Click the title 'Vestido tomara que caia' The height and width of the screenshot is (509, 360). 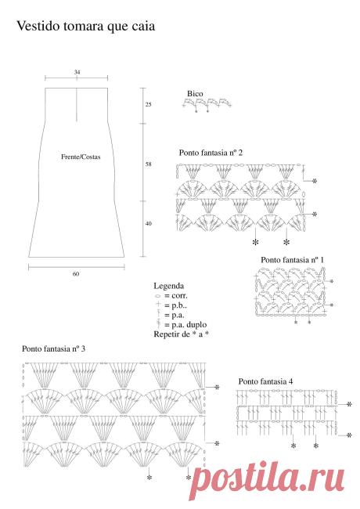point(85,27)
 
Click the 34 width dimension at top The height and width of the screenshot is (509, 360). point(77,72)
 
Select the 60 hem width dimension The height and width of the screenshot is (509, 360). point(76,274)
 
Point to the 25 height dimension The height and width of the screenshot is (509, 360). point(148,104)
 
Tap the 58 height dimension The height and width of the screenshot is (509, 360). point(148,164)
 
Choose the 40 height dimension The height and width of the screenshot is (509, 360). point(148,224)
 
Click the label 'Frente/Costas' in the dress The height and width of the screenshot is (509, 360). point(81,157)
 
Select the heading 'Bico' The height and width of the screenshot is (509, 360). point(195,94)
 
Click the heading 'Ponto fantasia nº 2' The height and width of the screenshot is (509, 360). point(211,153)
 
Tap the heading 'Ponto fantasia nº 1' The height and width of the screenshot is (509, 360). point(292,260)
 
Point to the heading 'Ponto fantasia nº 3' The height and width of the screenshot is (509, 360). point(53,349)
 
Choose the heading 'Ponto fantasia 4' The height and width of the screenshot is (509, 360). point(265,381)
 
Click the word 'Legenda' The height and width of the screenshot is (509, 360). point(168,286)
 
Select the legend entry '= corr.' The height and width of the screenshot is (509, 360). point(176,296)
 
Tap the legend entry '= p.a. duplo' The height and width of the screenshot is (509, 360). point(185,325)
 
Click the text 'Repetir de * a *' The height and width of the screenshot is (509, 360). point(181,334)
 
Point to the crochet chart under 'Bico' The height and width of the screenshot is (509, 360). point(207,104)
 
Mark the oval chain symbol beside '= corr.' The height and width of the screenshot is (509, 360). point(158,296)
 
